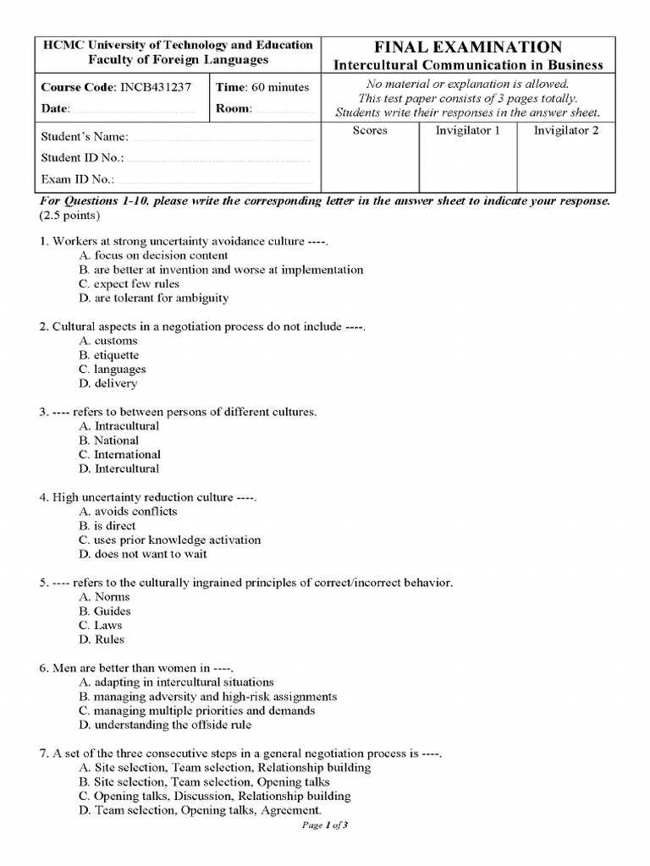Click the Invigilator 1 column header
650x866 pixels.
pyautogui.click(x=468, y=130)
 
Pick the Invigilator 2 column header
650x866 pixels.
pyautogui.click(x=565, y=130)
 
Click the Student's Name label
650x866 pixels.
pyautogui.click(x=85, y=137)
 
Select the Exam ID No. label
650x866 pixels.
pyautogui.click(x=78, y=179)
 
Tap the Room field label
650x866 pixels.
pyautogui.click(x=234, y=109)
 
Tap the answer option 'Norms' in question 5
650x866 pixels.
pyautogui.click(x=105, y=596)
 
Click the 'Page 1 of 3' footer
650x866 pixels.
pyautogui.click(x=325, y=826)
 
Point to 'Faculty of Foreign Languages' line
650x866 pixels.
pyautogui.click(x=178, y=60)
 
